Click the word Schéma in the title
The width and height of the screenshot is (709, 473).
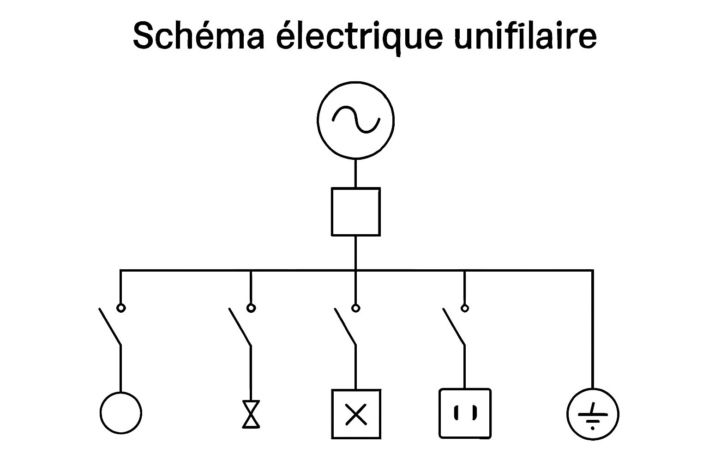point(198,36)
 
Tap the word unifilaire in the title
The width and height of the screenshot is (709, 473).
point(525,36)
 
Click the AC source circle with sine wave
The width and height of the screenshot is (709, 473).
point(355,120)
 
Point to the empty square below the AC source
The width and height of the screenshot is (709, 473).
point(355,212)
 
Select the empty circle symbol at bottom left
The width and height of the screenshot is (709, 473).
point(121,413)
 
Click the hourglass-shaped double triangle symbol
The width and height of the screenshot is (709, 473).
point(251,414)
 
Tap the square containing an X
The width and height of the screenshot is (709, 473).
point(356,414)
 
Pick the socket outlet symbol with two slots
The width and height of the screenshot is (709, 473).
point(465,413)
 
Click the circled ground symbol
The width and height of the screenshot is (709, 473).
point(593,414)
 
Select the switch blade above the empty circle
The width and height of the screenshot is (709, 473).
point(110,327)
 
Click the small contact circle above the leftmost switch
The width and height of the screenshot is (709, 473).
point(121,308)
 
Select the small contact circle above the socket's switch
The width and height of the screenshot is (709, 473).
point(465,308)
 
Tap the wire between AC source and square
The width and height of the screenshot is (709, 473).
point(355,173)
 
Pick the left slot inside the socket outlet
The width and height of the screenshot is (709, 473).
point(456,412)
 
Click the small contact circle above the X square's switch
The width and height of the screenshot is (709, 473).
point(355,308)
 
